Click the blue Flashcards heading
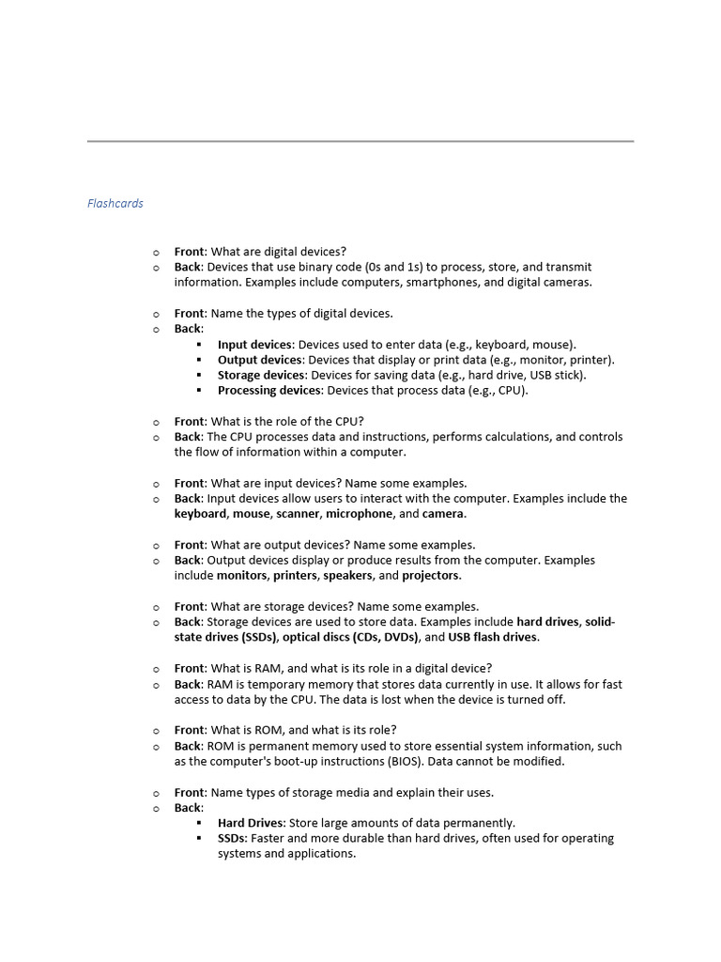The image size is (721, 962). (x=115, y=203)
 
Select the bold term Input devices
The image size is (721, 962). (x=255, y=345)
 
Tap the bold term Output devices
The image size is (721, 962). (x=260, y=360)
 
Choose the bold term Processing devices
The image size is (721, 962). (x=269, y=390)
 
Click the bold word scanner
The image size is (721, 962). (x=298, y=514)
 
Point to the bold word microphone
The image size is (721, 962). (x=359, y=514)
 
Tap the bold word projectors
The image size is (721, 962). (x=432, y=576)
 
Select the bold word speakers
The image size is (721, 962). (x=347, y=576)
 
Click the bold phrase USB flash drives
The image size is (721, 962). (x=493, y=638)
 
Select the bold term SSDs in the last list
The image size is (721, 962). (x=232, y=838)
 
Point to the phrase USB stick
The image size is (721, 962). (x=558, y=375)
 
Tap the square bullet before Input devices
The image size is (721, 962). (x=200, y=345)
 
